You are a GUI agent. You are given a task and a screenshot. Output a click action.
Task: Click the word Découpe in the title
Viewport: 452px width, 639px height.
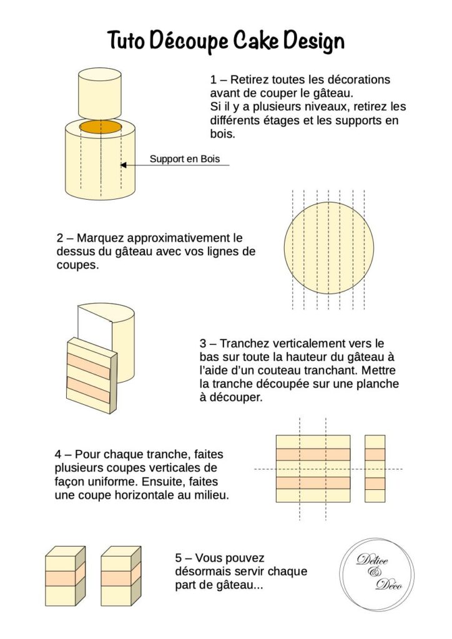[189, 41]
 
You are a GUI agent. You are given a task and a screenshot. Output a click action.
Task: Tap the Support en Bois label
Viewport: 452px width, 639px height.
[185, 159]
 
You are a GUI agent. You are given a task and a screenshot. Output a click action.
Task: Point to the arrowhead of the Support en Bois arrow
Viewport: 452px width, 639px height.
[123, 165]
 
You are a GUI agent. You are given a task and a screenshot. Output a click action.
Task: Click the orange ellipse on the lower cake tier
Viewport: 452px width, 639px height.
[101, 126]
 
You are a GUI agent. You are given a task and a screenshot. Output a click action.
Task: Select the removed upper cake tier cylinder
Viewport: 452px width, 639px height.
[100, 94]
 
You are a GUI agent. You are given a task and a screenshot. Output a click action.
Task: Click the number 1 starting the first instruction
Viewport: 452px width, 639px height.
[213, 79]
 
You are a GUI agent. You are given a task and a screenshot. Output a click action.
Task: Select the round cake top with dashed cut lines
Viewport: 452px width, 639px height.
[328, 248]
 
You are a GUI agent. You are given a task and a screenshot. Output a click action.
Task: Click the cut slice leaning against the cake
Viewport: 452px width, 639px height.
[92, 376]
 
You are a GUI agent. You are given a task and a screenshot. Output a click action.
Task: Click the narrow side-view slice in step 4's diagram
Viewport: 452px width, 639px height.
[375, 469]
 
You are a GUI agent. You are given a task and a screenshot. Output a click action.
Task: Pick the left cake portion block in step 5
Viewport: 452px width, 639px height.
[65, 576]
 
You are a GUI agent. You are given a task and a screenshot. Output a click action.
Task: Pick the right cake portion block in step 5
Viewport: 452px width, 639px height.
[120, 576]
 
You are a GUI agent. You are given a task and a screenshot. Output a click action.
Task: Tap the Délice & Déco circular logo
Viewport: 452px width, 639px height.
[376, 575]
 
